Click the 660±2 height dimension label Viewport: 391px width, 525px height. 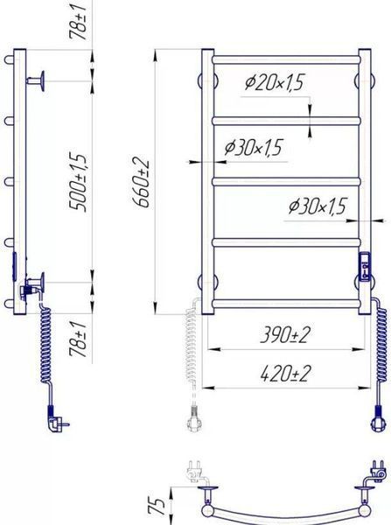(141, 182)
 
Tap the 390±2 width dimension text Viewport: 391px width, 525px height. (285, 335)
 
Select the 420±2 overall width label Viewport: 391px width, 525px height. (285, 374)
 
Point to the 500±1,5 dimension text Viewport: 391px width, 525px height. (79, 183)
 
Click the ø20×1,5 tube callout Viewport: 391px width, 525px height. (274, 82)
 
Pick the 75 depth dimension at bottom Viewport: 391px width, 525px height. (157, 506)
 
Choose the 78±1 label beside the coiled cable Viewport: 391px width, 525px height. (79, 339)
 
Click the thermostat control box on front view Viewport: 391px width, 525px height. (365, 266)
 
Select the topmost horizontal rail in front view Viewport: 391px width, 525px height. (286, 59)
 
